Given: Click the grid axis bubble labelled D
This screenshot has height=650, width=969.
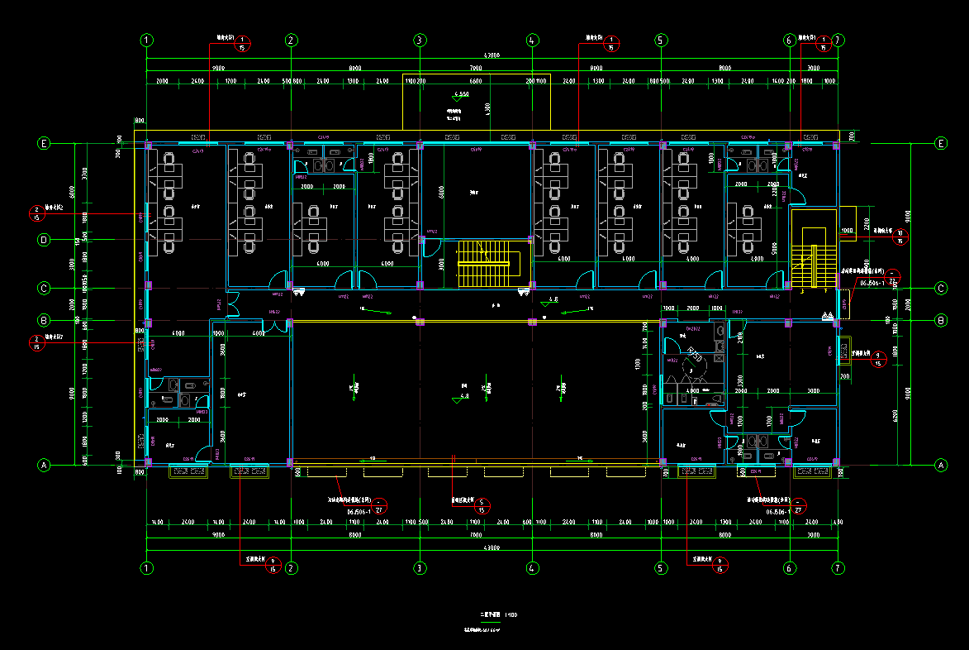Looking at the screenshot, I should [45, 240].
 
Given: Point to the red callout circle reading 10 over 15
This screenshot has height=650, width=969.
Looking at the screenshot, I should [900, 238].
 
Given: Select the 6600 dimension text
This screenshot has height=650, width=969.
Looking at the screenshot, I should [475, 82].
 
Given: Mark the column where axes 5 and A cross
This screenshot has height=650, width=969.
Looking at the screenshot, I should [661, 461].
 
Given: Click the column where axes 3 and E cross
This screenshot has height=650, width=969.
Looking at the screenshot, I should [420, 145].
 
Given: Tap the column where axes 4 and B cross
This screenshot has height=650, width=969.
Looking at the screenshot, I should [532, 321].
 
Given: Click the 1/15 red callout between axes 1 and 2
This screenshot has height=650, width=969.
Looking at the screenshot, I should [242, 45].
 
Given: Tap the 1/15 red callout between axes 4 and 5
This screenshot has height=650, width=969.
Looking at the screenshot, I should [611, 45].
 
